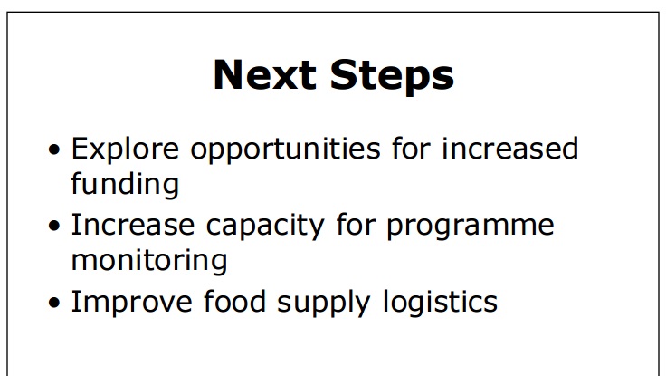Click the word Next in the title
click(264, 74)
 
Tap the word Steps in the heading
click(392, 77)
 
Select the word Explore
click(125, 149)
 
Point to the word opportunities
click(285, 149)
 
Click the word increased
click(510, 148)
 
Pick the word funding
click(125, 183)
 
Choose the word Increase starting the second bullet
click(133, 225)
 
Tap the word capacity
click(265, 226)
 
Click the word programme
click(471, 226)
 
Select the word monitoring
click(149, 260)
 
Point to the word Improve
click(132, 303)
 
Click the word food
click(235, 301)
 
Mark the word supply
click(324, 303)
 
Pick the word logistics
click(440, 303)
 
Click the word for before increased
click(411, 148)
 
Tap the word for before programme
click(356, 225)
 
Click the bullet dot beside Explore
click(54, 149)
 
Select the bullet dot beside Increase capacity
click(54, 227)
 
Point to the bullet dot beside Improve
click(54, 303)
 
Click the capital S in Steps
click(344, 74)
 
